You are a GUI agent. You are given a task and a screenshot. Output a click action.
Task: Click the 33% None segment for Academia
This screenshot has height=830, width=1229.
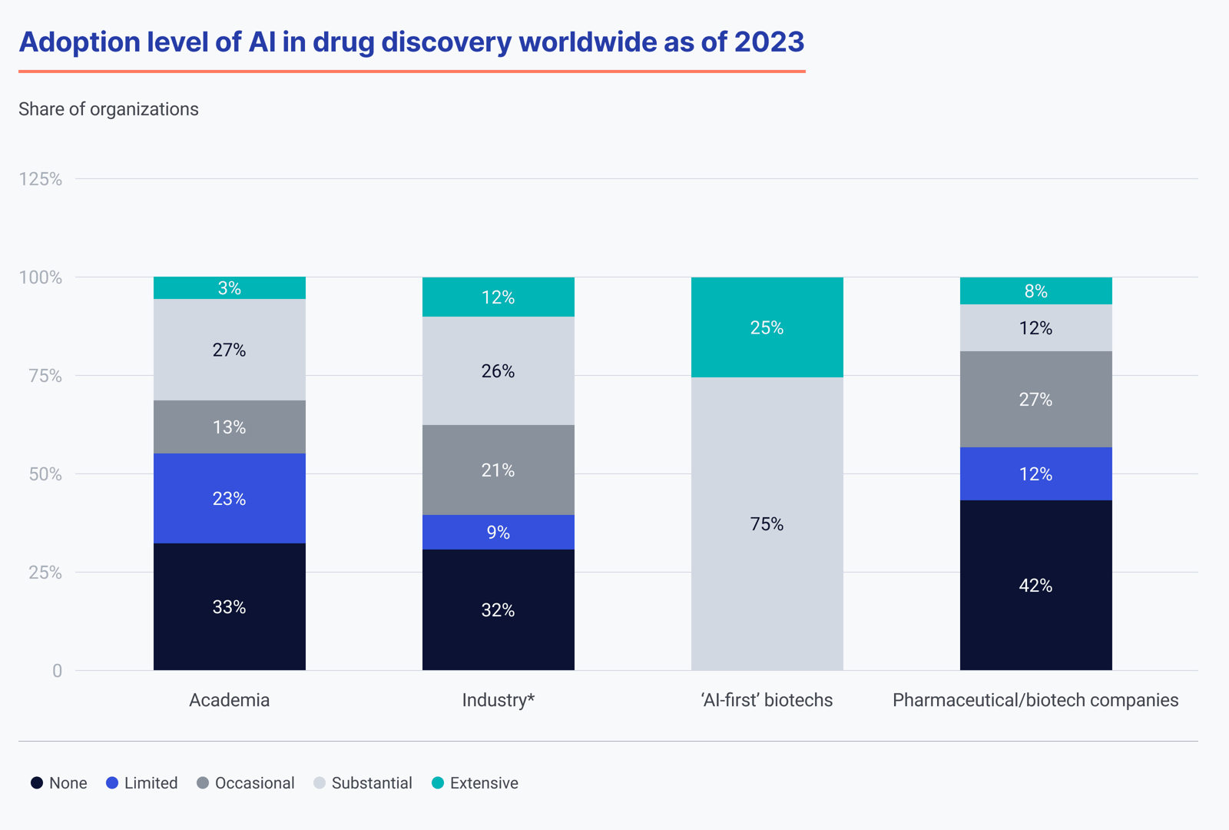click(229, 606)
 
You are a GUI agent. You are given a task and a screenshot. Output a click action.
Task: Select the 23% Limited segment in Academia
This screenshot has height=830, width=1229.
click(229, 498)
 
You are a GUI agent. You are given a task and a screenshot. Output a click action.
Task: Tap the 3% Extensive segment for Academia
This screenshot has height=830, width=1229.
click(229, 288)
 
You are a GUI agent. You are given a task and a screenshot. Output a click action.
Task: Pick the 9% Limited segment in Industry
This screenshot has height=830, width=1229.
click(498, 532)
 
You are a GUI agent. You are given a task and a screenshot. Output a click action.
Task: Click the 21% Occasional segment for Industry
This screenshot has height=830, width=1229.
click(498, 470)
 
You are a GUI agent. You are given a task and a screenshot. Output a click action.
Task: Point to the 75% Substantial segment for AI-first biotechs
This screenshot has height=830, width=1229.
click(767, 523)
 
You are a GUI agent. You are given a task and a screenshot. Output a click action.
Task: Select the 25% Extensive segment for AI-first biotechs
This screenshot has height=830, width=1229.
click(767, 327)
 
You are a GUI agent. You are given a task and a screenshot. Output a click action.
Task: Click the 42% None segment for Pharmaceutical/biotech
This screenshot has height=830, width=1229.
click(1035, 585)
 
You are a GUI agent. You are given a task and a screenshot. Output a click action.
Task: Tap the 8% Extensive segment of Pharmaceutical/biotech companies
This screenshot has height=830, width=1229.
click(1035, 291)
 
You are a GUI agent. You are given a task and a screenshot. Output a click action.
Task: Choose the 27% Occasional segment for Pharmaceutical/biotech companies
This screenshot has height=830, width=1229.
click(1035, 399)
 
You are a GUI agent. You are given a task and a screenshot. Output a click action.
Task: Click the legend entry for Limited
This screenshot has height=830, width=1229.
click(142, 783)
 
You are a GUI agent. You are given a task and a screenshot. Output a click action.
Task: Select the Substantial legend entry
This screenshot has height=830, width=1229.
click(363, 783)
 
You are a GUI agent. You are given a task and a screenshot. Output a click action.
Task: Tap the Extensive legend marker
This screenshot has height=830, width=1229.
click(438, 783)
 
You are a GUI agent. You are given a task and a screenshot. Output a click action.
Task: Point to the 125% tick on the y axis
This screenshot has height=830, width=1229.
click(40, 179)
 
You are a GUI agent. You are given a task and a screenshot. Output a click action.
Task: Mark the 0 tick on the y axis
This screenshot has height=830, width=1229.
click(57, 671)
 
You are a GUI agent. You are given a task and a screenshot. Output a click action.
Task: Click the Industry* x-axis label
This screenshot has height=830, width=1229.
click(498, 700)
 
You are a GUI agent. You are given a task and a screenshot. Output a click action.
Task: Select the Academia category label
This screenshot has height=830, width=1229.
click(229, 700)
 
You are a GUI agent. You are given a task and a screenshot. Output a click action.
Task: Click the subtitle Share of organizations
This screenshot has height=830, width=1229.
click(108, 109)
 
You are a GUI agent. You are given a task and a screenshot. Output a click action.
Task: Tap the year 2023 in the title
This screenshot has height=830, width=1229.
click(769, 41)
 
